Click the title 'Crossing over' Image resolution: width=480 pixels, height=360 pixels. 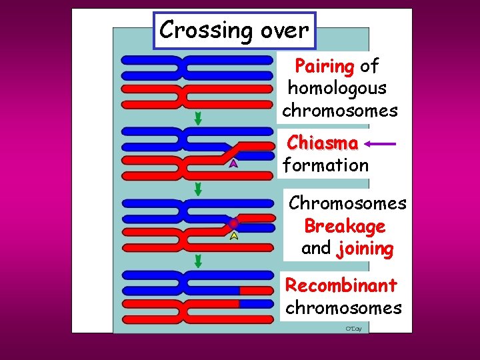tap(234, 30)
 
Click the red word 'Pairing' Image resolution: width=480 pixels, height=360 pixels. tap(324, 66)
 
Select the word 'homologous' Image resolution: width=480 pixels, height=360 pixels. tap(337, 88)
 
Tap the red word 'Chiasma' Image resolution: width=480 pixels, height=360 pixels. tap(323, 143)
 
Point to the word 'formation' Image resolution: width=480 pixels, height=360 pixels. tap(326, 165)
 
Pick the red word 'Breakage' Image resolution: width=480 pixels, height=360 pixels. tap(345, 226)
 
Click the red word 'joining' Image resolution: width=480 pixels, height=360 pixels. tap(365, 249)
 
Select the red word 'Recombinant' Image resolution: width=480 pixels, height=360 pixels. tap(341, 285)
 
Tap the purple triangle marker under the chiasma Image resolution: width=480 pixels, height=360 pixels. tap(233, 163)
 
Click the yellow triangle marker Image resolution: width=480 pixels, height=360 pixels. tap(234, 235)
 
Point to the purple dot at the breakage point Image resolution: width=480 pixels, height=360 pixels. tap(233, 223)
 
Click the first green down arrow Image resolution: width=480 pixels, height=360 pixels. tap(198, 118)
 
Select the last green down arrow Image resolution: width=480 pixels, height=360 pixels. tap(198, 261)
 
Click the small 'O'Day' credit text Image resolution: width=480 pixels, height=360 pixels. tap(353, 329)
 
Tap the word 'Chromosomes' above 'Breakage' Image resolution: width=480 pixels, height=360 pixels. tap(347, 203)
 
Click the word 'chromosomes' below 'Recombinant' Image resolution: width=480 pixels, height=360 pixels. tap(343, 308)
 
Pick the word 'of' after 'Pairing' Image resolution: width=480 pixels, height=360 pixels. tap(369, 66)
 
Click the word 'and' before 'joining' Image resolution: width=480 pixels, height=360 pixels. tap(316, 249)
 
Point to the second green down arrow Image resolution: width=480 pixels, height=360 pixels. tap(198, 190)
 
